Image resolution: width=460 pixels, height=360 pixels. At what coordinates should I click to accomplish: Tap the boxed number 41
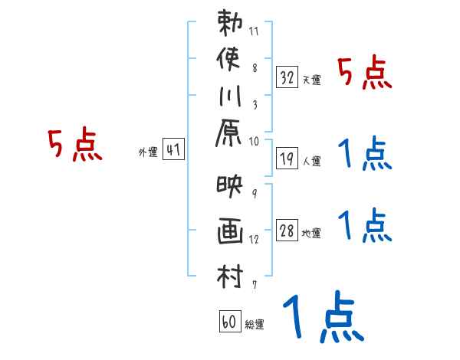tap(173, 150)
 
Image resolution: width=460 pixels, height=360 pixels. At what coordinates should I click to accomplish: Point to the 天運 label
tap(311, 80)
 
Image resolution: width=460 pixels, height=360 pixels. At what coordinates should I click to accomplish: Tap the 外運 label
tap(148, 152)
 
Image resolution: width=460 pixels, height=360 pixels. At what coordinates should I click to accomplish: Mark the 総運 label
tap(254, 325)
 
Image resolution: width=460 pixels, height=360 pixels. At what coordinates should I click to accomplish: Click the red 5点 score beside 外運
tap(74, 146)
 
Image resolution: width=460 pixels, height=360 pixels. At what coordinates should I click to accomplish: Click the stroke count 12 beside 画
tap(255, 239)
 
